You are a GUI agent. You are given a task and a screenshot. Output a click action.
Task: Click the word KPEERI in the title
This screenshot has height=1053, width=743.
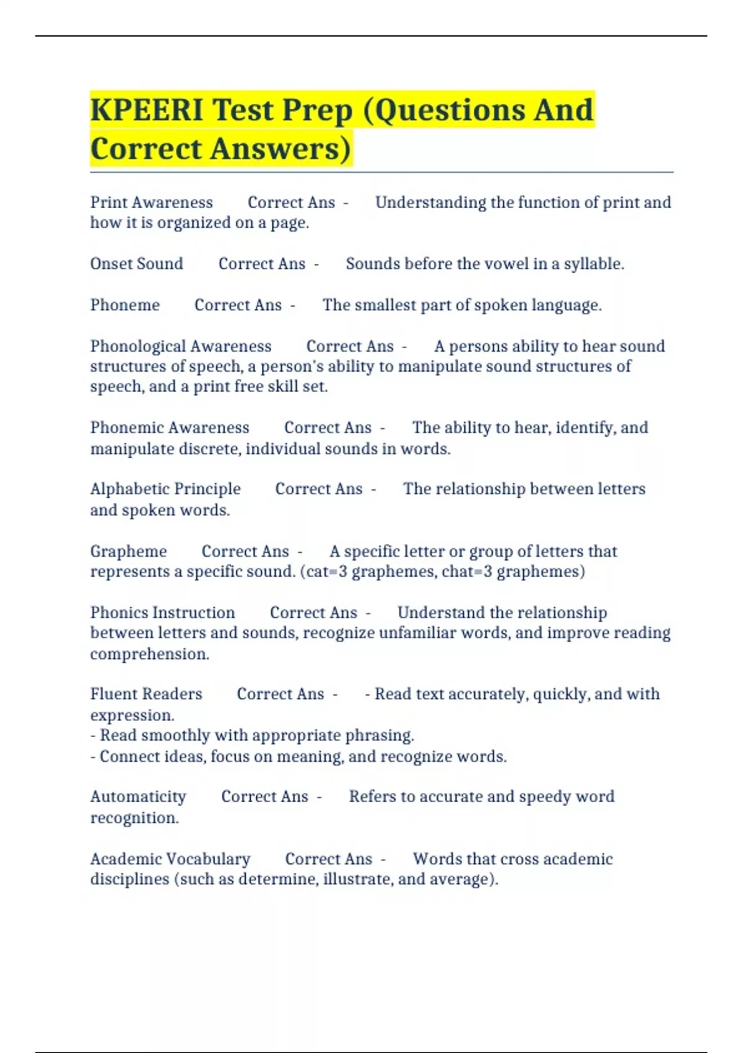147,110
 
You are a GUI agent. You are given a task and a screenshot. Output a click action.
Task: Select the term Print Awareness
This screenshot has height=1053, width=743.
151,203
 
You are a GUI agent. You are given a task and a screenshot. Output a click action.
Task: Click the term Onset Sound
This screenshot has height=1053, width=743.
136,264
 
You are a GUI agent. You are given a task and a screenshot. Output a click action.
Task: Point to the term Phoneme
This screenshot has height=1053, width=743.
124,305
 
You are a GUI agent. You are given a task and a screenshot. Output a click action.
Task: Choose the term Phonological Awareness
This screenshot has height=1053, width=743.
181,346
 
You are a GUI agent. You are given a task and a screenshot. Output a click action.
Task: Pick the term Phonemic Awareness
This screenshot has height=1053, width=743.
170,428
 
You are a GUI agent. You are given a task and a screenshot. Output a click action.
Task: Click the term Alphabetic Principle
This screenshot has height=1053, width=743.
165,489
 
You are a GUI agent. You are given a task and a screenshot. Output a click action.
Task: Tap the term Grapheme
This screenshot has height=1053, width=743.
128,551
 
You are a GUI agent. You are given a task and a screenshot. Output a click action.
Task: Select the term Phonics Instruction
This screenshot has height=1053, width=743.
162,613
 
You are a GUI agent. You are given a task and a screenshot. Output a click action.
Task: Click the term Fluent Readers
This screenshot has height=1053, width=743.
146,694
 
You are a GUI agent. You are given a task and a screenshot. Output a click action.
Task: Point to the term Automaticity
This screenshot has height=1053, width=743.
138,797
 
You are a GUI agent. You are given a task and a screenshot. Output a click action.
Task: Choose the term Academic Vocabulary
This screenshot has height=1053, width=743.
170,859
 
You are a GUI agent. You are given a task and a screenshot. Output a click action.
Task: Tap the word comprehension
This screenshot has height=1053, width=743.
149,654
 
